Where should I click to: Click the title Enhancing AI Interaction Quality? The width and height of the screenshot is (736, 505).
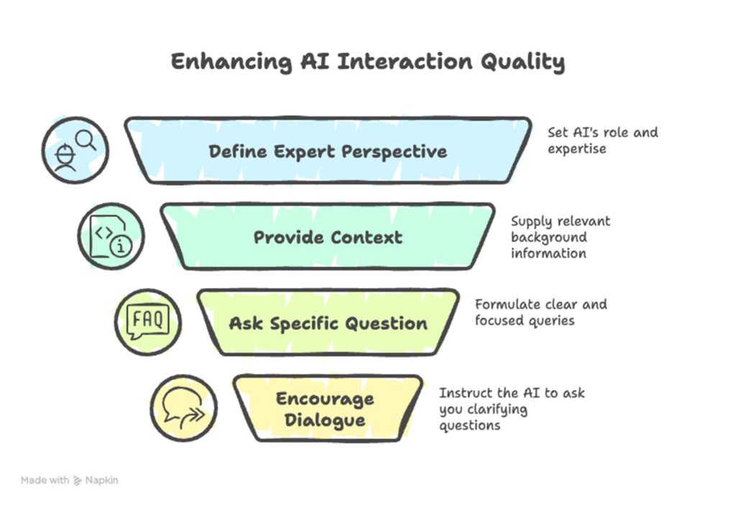pos(367,62)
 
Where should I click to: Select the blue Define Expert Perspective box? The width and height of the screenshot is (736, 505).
pos(328,151)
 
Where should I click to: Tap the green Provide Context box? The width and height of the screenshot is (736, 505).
pos(328,237)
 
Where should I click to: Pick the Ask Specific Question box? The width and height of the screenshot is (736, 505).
pos(328,323)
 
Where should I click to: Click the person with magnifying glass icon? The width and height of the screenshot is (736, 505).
pos(75,151)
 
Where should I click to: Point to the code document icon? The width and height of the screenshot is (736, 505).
pos(111,236)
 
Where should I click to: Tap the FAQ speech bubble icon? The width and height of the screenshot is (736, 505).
pos(148,321)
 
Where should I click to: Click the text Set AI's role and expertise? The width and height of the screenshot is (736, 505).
pos(602,141)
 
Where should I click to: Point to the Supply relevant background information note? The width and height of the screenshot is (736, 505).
pos(560,237)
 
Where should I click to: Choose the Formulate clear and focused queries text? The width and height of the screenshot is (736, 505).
pos(540,312)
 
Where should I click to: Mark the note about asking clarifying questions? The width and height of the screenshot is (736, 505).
pos(512,409)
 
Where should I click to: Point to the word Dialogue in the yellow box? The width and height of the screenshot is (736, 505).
pos(326,420)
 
